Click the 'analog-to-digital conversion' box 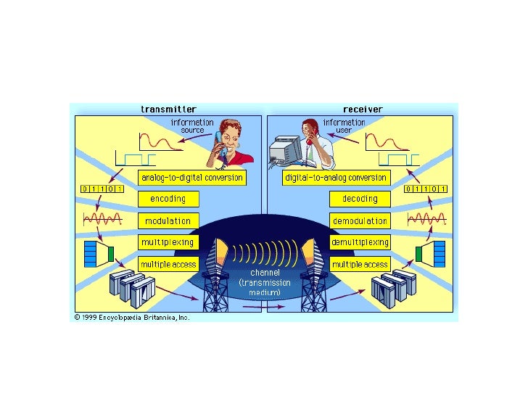191,178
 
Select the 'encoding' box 168,199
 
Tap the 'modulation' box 168,220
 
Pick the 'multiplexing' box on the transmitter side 168,242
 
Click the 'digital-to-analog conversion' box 335,178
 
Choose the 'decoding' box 360,199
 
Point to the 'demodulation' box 360,220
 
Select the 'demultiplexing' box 360,242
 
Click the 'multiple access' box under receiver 360,264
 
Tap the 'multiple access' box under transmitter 168,264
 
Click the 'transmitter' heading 168,110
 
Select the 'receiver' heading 362,110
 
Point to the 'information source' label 191,126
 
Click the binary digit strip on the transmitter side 102,189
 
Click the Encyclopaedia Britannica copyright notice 132,318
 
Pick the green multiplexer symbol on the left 110,253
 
